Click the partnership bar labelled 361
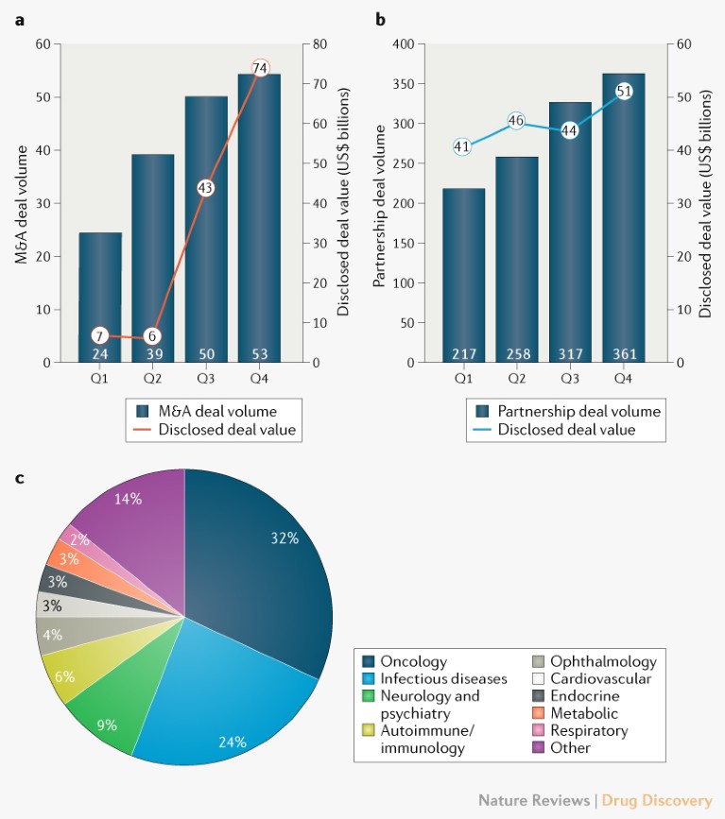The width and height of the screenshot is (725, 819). (624, 217)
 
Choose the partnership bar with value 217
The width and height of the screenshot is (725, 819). (463, 274)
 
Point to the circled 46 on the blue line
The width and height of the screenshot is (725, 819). (516, 120)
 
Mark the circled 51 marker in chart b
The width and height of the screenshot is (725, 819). (624, 91)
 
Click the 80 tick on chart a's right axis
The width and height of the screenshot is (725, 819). (321, 44)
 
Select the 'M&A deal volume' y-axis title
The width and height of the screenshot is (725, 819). (22, 203)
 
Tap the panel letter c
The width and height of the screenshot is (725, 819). (21, 478)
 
